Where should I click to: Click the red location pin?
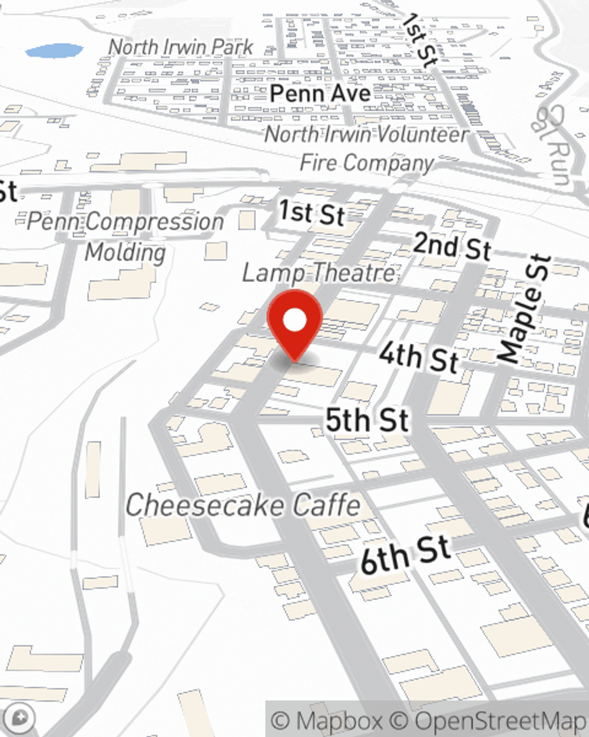294,321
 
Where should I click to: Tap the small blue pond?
54,51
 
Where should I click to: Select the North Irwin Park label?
181,47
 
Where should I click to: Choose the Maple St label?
524,308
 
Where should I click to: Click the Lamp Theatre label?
319,273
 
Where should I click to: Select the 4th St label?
418,357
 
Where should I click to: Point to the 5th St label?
367,420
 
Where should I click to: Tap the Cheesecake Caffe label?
243,505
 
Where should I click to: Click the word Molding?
125,252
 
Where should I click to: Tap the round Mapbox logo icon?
19,718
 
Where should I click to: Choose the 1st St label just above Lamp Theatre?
311,212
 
